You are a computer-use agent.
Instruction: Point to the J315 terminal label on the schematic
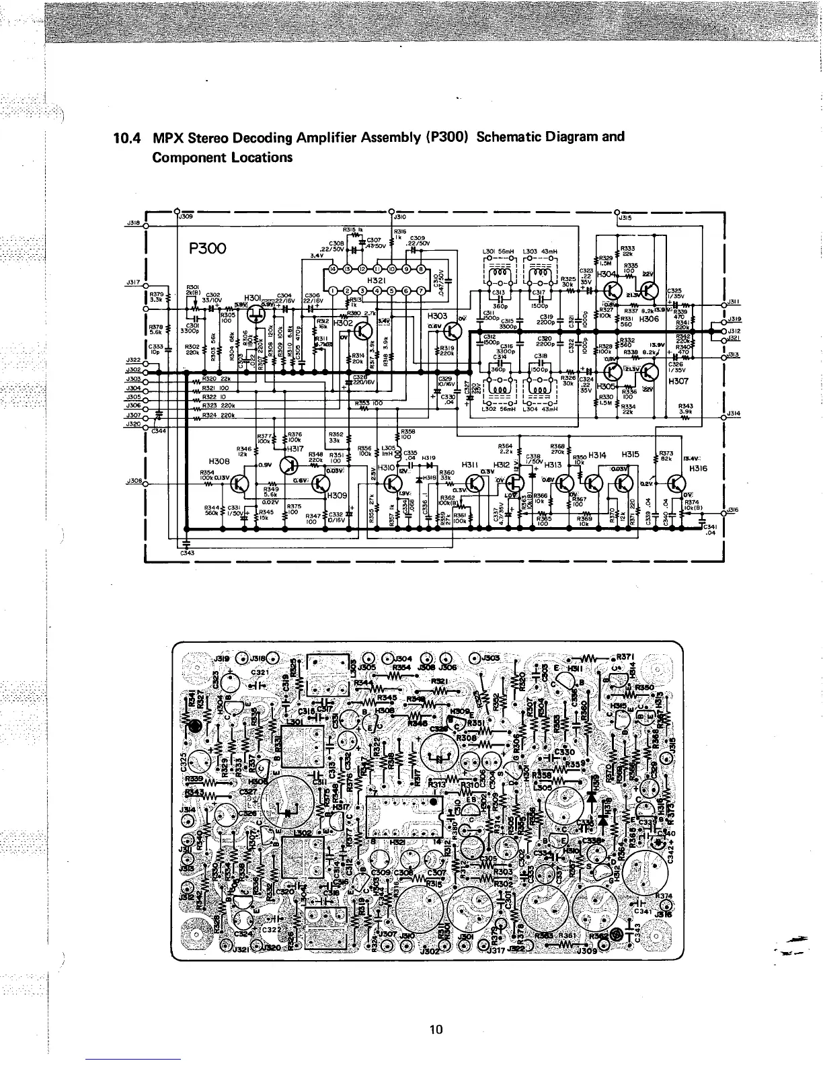pos(625,217)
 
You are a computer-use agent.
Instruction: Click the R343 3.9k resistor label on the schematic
pos(686,408)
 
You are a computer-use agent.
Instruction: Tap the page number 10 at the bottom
pos(436,1029)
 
